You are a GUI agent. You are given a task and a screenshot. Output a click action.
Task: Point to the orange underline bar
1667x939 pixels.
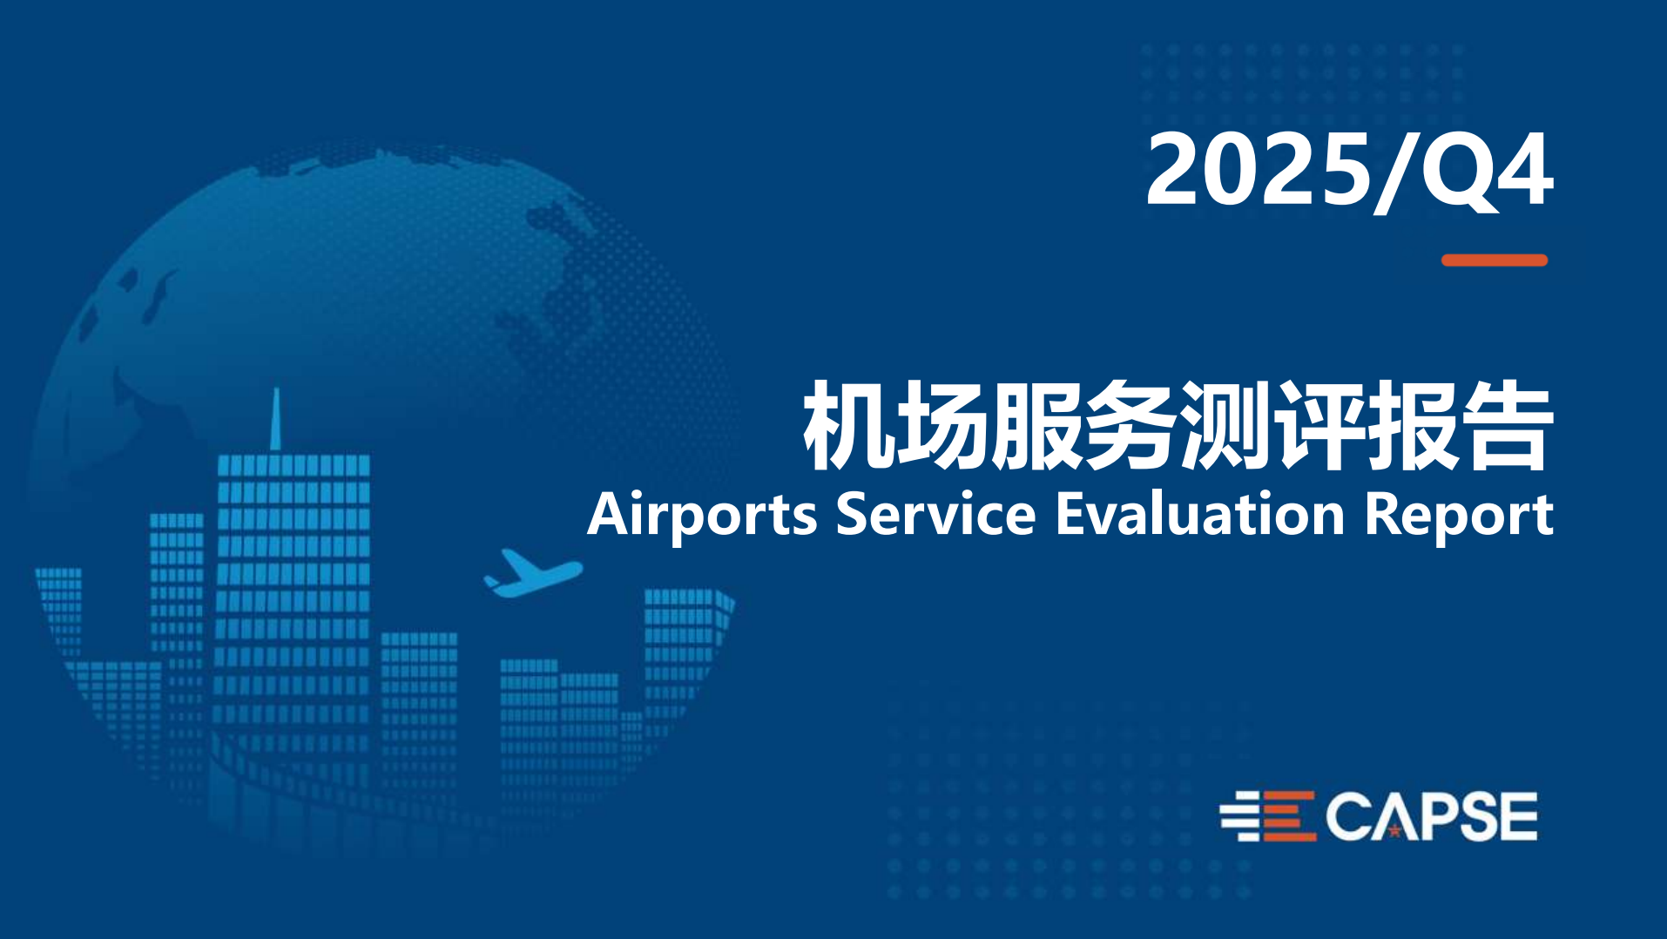pos(1495,260)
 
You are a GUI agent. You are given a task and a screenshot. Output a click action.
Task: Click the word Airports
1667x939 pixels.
pos(702,516)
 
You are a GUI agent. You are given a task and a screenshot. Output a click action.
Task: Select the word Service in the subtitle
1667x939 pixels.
pos(935,514)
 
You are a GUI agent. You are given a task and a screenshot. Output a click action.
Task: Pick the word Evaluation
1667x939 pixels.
pos(1201,514)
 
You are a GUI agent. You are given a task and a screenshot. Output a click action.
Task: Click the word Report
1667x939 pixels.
pos(1459,516)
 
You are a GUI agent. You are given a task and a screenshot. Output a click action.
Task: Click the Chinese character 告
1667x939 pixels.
pos(1508,425)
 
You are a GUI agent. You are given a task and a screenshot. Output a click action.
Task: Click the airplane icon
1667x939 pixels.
pos(532,573)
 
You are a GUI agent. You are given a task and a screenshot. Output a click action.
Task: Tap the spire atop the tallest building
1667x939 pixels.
pos(276,419)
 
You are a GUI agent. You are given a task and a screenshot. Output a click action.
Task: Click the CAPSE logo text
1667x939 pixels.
pos(1431,817)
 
